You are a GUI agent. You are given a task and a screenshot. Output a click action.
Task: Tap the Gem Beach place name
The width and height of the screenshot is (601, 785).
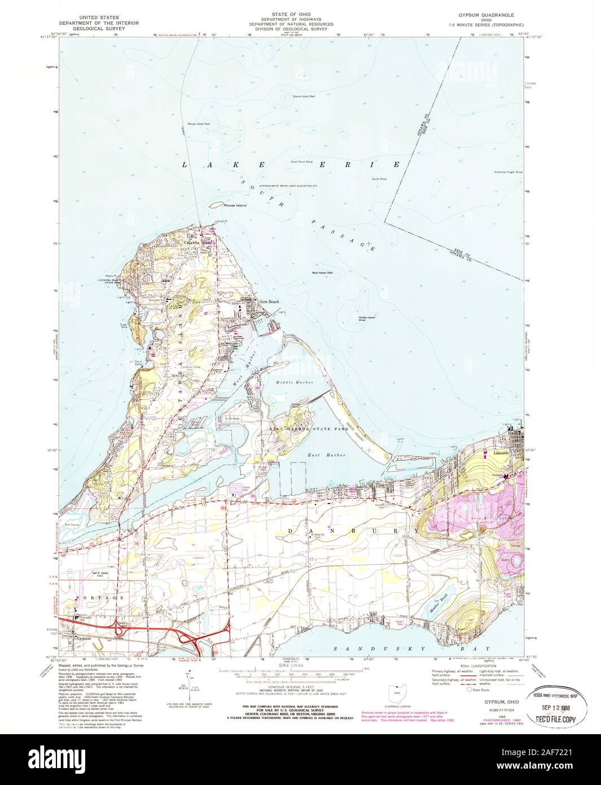pyautogui.click(x=269, y=302)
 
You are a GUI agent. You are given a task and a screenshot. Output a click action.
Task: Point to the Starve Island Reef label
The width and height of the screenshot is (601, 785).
pyautogui.click(x=304, y=97)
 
